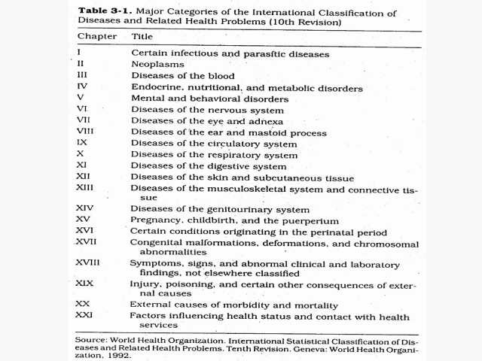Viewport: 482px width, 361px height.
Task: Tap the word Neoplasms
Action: pos(157,65)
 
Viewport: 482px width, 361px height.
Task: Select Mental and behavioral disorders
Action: pos(209,99)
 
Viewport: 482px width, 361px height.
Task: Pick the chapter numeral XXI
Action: pos(83,317)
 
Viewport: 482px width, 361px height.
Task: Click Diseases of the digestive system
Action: pos(209,166)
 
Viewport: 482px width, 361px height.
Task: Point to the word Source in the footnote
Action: pos(90,340)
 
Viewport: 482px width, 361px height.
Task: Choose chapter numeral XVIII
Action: pos(87,262)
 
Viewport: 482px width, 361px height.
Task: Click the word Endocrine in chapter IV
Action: pos(157,88)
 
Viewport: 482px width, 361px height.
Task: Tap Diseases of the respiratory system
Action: pos(214,155)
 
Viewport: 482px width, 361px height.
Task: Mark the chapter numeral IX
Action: pos(81,143)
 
